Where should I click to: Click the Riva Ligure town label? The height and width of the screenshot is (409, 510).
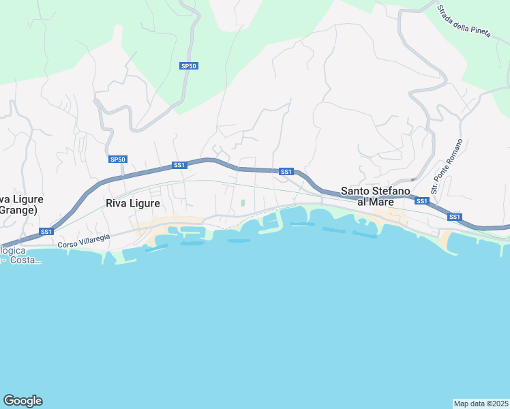coord(133,203)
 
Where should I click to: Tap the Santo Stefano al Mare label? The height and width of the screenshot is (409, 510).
coord(375,196)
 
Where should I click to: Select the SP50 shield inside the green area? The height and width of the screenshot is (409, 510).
coord(189,66)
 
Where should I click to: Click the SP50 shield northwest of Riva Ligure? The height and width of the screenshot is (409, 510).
coord(118,160)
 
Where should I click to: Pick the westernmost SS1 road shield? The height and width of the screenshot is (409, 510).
coord(46,232)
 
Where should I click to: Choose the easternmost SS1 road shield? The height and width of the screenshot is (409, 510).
coord(455,217)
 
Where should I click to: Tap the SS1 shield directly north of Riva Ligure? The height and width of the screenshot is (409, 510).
coord(179,165)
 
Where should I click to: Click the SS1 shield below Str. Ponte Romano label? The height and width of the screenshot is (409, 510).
coord(422,201)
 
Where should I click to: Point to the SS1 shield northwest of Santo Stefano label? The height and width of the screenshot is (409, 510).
coord(286,172)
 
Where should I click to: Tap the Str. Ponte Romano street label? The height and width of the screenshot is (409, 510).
coord(447,166)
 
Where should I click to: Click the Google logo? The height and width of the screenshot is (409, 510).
coord(22,401)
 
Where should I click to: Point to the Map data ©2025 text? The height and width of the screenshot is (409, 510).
coord(481,404)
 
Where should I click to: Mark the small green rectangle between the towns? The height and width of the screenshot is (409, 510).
coord(242,202)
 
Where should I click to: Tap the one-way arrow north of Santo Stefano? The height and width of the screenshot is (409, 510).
coord(412,180)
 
